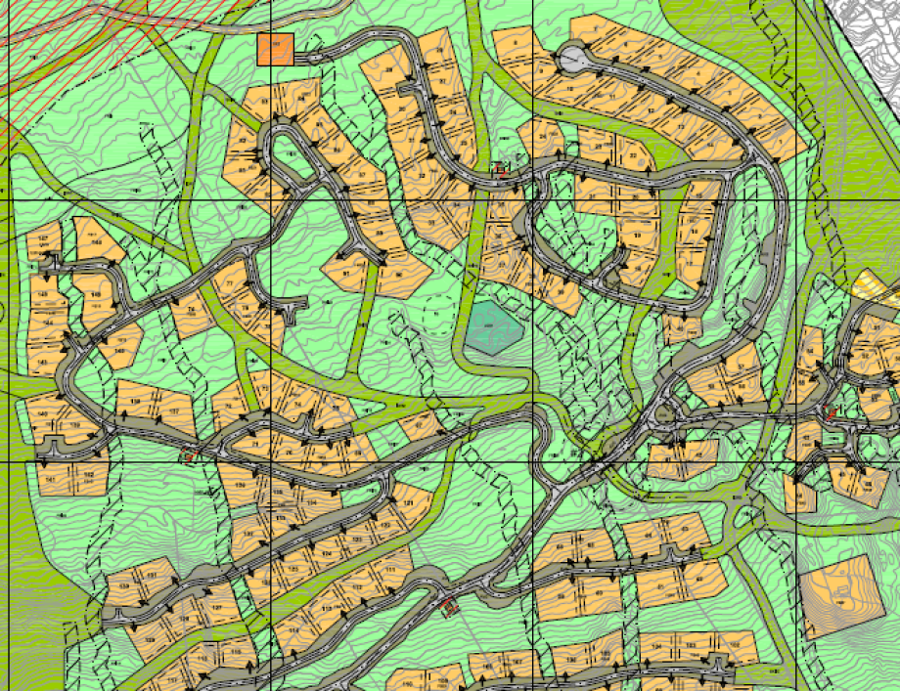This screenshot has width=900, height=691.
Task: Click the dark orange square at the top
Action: [x=276, y=50]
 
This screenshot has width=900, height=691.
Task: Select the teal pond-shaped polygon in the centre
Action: [x=491, y=326]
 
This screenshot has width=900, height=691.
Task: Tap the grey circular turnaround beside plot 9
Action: [x=569, y=61]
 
